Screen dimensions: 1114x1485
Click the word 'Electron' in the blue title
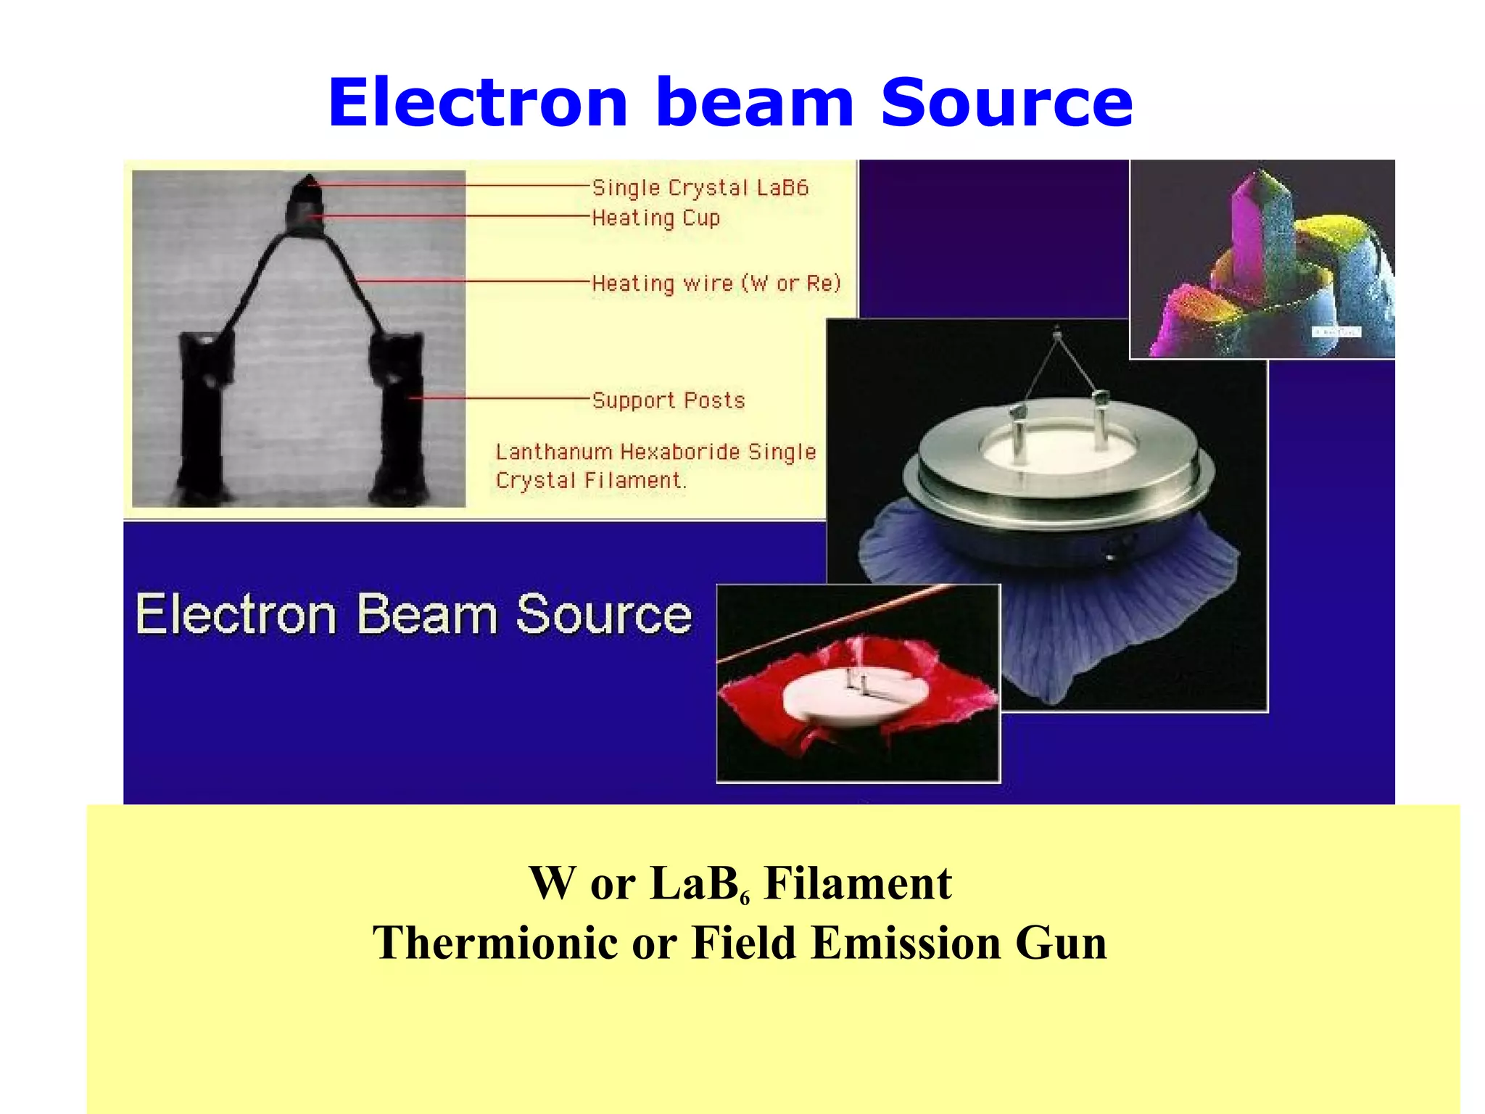[x=477, y=103]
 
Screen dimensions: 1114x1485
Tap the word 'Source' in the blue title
[x=1006, y=103]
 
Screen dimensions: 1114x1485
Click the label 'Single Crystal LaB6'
[x=700, y=188]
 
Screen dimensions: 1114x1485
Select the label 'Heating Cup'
[x=655, y=218]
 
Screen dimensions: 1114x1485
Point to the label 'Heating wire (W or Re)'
[x=716, y=283]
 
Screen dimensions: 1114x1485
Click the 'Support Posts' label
[x=668, y=400]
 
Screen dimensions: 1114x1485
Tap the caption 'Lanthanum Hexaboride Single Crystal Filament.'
[x=655, y=466]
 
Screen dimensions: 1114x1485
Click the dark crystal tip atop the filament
[x=310, y=186]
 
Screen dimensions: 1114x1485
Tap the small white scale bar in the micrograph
[x=1336, y=332]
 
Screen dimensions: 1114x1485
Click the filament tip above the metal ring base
[x=1057, y=334]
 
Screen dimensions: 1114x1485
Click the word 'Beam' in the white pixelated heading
[x=426, y=615]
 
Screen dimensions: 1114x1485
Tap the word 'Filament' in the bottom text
[x=857, y=884]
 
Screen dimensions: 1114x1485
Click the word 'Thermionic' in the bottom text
[x=495, y=943]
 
